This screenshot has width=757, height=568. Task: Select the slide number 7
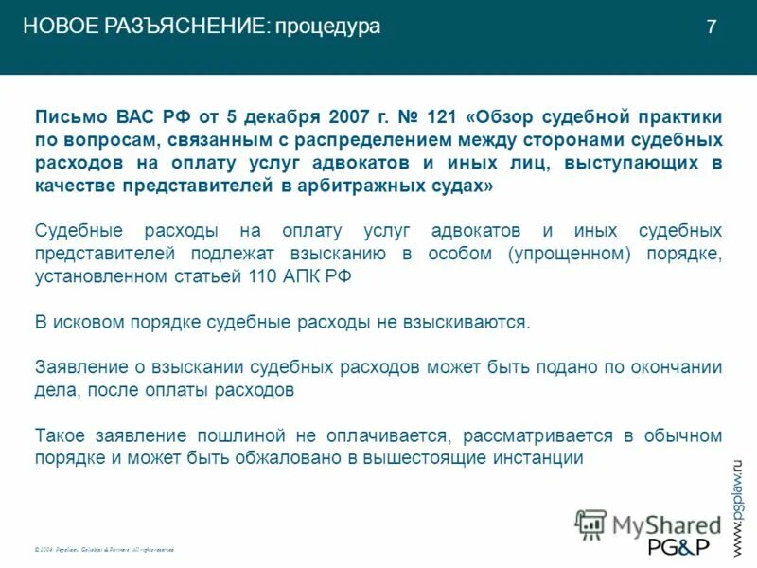click(x=712, y=27)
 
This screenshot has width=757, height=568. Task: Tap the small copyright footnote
click(x=104, y=549)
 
